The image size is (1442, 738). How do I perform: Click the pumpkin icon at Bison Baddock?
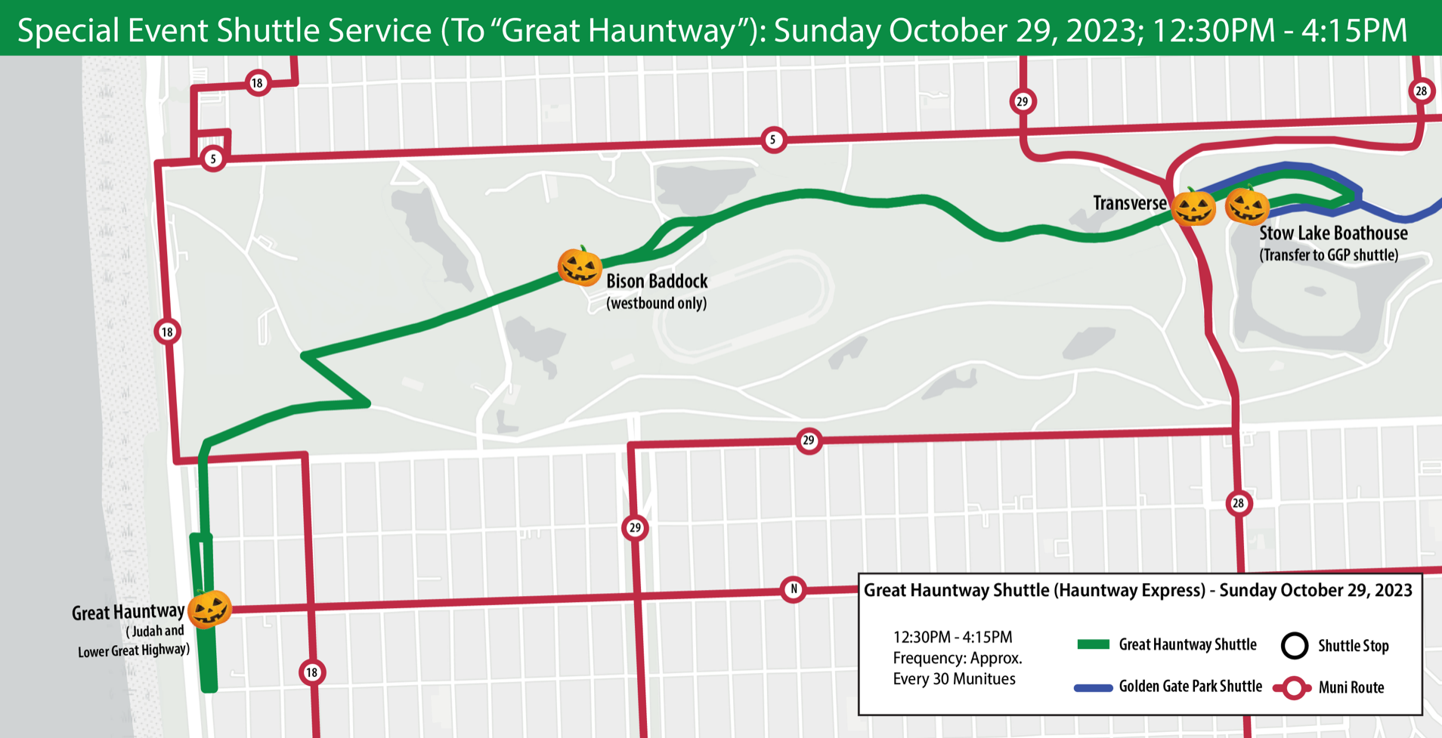tap(580, 267)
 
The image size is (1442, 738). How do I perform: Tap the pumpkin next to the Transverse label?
tap(1193, 207)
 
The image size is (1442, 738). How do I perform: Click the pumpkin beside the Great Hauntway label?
tap(209, 610)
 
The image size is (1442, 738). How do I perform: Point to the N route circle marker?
tap(793, 589)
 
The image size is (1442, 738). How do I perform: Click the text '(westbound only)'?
tap(656, 304)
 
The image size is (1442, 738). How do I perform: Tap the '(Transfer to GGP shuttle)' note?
tap(1328, 255)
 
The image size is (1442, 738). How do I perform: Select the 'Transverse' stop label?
tap(1129, 203)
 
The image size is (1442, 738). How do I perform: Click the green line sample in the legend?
tap(1093, 644)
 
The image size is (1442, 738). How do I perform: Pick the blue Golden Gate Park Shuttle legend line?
tap(1093, 687)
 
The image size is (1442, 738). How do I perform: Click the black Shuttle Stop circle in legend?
tap(1295, 645)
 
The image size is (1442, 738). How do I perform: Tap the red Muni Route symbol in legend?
tap(1294, 687)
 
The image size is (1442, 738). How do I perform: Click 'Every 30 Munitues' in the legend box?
tap(954, 679)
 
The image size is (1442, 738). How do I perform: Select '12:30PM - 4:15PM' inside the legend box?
tap(952, 637)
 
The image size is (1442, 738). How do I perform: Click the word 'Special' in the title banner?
tap(69, 31)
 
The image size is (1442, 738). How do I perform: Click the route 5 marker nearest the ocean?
tap(213, 159)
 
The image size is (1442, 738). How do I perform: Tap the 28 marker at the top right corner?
tap(1421, 91)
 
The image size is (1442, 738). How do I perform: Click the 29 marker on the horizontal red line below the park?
tap(809, 440)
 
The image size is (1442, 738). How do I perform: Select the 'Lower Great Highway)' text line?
tap(134, 650)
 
